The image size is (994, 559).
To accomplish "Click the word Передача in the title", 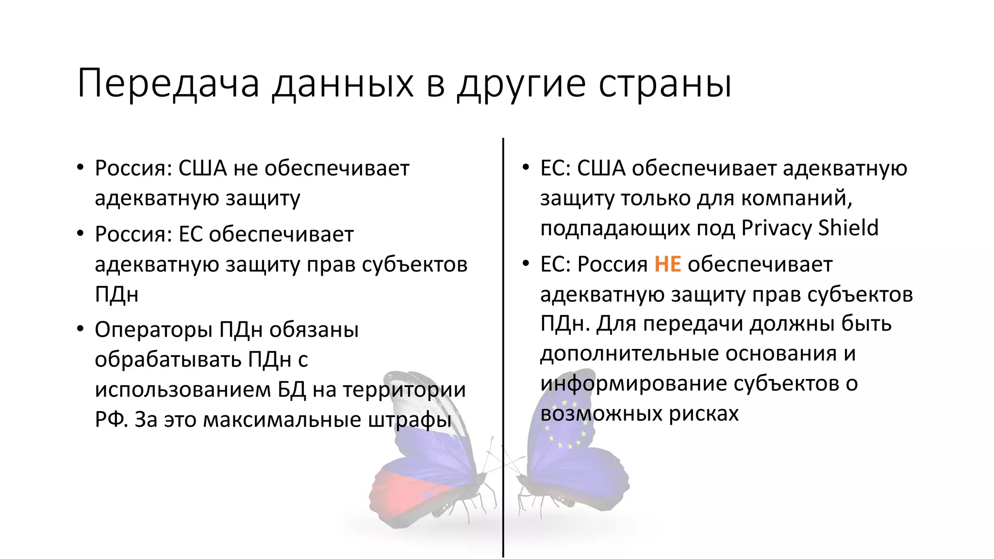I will coord(168,83).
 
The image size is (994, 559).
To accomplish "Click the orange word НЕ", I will coord(667,264).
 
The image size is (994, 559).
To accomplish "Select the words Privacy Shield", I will coord(810,228).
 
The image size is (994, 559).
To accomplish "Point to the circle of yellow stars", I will coord(565,425).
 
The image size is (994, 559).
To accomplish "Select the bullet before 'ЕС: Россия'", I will coord(526,264).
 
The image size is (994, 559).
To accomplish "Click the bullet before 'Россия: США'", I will coord(80,168).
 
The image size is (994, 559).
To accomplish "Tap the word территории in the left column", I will coord(404,390).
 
